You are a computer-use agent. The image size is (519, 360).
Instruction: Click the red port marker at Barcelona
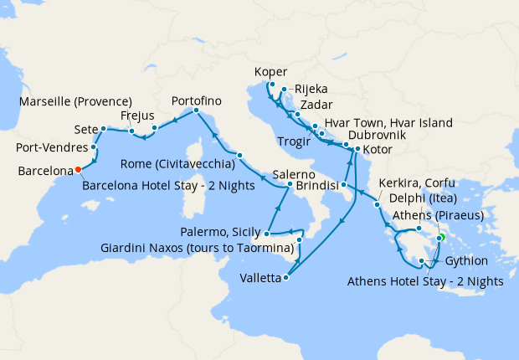(78, 169)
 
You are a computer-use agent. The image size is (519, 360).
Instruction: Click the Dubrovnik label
(377, 135)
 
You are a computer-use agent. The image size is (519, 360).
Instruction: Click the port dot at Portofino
(196, 111)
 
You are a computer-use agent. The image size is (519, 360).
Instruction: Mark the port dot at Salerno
(290, 184)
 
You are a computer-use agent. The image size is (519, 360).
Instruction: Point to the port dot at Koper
(273, 84)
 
